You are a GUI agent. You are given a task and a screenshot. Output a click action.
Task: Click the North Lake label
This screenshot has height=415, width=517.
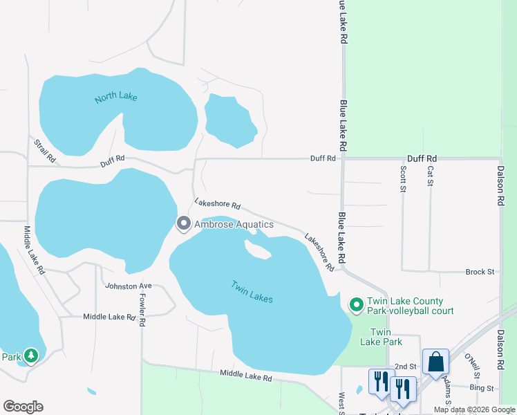tap(116, 97)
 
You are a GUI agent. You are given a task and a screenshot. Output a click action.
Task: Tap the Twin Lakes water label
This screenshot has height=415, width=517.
tap(252, 291)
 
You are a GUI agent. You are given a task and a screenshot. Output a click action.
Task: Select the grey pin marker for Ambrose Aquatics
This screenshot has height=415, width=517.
tap(184, 223)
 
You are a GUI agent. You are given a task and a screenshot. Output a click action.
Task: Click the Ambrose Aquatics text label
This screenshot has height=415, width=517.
tap(234, 224)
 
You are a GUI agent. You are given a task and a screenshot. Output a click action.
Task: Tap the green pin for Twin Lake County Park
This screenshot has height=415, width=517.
tap(357, 304)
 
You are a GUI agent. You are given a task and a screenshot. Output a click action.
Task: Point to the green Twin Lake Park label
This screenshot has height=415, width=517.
tap(381, 337)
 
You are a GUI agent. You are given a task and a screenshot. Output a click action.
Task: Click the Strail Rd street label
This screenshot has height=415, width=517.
tap(44, 151)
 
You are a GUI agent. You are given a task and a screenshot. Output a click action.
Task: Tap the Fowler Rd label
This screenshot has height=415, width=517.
tap(142, 311)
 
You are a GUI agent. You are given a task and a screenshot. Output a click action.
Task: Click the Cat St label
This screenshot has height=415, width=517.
tap(430, 176)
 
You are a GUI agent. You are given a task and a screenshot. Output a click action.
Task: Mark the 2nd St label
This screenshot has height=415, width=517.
tap(404, 366)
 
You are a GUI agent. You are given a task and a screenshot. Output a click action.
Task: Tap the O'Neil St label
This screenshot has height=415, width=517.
tap(473, 366)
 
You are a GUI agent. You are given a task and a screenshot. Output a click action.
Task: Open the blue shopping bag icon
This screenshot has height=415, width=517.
tap(436, 362)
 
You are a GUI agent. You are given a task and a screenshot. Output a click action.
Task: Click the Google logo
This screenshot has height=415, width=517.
tap(23, 407)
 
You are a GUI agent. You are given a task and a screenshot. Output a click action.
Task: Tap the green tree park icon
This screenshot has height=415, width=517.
tap(30, 356)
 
